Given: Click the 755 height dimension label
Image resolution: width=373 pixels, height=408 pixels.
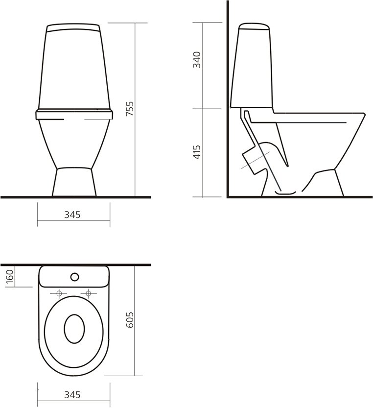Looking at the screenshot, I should (130, 109).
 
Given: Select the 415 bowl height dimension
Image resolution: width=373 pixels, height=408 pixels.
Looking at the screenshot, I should (197, 152).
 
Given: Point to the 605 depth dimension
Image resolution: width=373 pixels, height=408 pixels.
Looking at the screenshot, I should (130, 320).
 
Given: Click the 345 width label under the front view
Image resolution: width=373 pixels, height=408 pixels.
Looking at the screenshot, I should (73, 214).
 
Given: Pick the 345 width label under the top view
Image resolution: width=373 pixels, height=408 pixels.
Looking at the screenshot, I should (73, 394).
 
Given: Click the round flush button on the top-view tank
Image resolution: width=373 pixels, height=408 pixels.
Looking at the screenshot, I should (74, 277).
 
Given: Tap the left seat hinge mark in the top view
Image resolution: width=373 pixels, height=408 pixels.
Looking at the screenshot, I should (60, 293).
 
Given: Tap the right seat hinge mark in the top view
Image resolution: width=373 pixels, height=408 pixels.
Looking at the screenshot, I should (89, 293).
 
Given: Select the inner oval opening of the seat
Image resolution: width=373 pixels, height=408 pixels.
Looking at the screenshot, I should (74, 328).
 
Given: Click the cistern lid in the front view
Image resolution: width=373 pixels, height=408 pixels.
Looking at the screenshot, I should (74, 26).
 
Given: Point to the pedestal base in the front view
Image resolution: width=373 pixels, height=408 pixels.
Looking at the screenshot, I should (74, 182).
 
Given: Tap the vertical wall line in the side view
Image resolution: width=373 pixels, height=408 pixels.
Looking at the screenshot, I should (228, 98).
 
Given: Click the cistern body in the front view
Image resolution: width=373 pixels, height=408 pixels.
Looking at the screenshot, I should (74, 69).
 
